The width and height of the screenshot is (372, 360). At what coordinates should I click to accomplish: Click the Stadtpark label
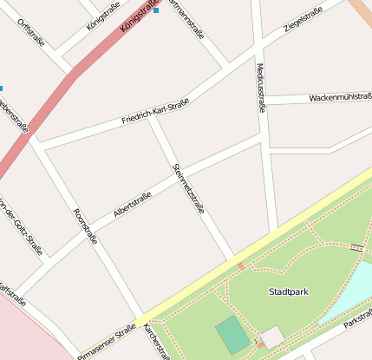pos(288,292)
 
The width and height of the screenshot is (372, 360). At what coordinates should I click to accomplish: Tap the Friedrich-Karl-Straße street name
pos(155,112)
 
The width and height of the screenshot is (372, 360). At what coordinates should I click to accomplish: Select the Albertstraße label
pos(132,205)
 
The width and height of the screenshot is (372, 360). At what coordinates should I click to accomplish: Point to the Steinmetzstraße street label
pos(188,188)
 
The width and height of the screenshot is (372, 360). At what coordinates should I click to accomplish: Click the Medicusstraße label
pos(260,88)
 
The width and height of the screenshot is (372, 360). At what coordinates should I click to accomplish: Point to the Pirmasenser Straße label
pos(106,342)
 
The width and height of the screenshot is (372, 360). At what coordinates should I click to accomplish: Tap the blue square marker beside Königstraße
pos(156,10)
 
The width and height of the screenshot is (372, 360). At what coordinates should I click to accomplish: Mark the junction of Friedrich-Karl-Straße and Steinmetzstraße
pos(153,117)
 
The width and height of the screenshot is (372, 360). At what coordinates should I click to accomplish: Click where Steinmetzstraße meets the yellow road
pos(234,259)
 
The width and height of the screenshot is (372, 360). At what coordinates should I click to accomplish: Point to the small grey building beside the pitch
pos(272,337)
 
